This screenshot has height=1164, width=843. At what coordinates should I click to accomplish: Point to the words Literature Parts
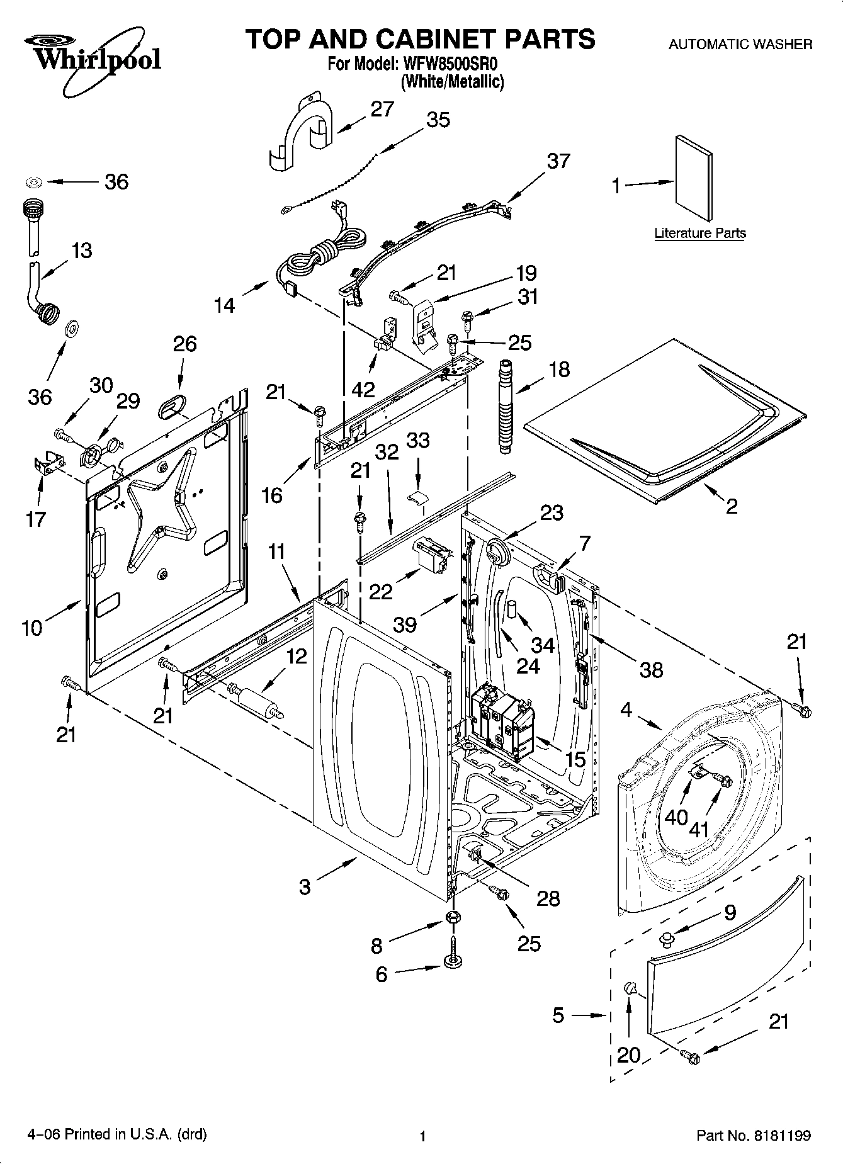pyautogui.click(x=700, y=233)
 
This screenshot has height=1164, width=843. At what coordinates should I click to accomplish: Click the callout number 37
pyautogui.click(x=558, y=161)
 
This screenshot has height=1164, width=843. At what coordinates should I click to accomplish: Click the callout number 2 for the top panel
pyautogui.click(x=731, y=506)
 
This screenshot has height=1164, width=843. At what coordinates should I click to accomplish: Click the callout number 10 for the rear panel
pyautogui.click(x=31, y=627)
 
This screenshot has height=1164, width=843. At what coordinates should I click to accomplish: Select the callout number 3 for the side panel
pyautogui.click(x=305, y=887)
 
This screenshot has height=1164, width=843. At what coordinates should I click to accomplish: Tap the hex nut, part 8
pyautogui.click(x=451, y=918)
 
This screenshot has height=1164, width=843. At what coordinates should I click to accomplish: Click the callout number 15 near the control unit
pyautogui.click(x=575, y=759)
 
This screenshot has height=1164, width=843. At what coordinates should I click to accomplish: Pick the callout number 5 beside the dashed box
pyautogui.click(x=558, y=1015)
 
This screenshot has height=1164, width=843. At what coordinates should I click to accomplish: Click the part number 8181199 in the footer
pyautogui.click(x=781, y=1136)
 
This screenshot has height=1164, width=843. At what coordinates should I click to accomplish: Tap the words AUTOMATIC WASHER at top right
pyautogui.click(x=740, y=45)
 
